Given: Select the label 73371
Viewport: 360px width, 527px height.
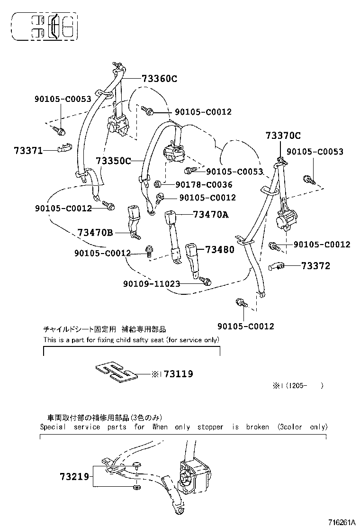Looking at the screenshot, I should pyautogui.click(x=28, y=151).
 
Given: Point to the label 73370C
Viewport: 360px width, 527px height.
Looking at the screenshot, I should pyautogui.click(x=283, y=136).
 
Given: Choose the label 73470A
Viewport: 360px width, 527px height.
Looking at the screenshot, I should pyautogui.click(x=211, y=215).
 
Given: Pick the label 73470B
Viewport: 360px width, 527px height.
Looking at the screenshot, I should pyautogui.click(x=95, y=232).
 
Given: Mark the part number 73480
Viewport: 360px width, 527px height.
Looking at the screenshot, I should pyautogui.click(x=219, y=249).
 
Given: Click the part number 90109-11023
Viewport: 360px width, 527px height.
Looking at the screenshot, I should pyautogui.click(x=152, y=283).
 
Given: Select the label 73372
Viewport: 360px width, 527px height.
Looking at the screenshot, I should pyautogui.click(x=315, y=266).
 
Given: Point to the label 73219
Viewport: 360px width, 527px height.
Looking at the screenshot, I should pyautogui.click(x=74, y=476).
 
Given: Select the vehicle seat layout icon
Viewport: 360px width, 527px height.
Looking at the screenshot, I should pyautogui.click(x=45, y=26).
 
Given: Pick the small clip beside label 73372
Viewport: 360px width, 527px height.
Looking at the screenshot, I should pyautogui.click(x=277, y=266).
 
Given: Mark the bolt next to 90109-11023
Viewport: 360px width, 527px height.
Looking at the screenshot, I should pyautogui.click(x=205, y=282).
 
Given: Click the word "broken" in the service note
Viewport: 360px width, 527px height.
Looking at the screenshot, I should pyautogui.click(x=257, y=427).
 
